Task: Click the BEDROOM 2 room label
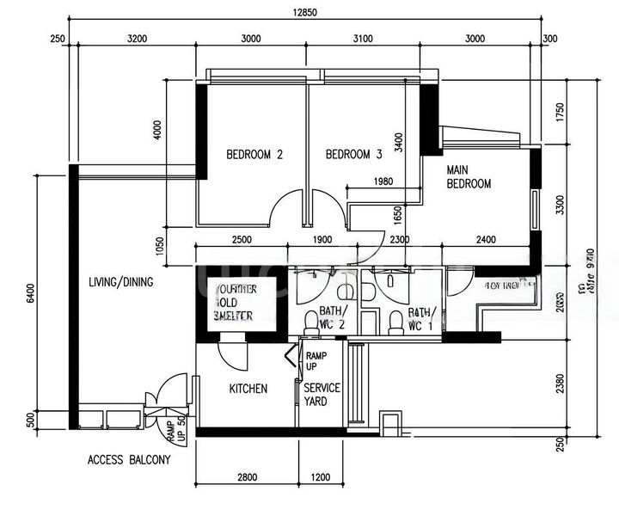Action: [x=254, y=156]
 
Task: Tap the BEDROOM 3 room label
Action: [x=353, y=156]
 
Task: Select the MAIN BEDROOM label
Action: [x=469, y=177]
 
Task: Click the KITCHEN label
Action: [x=248, y=389]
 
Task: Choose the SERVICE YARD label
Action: [x=322, y=394]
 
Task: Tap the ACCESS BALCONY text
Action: [x=129, y=459]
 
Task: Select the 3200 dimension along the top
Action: [x=137, y=39]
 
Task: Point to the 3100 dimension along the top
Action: [x=363, y=39]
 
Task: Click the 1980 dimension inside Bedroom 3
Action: [x=383, y=181]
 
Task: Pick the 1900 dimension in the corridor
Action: [x=322, y=239]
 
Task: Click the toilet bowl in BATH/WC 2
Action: [x=311, y=322]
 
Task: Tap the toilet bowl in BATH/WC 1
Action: [x=395, y=322]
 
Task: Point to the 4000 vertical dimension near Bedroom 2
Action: [x=157, y=129]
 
